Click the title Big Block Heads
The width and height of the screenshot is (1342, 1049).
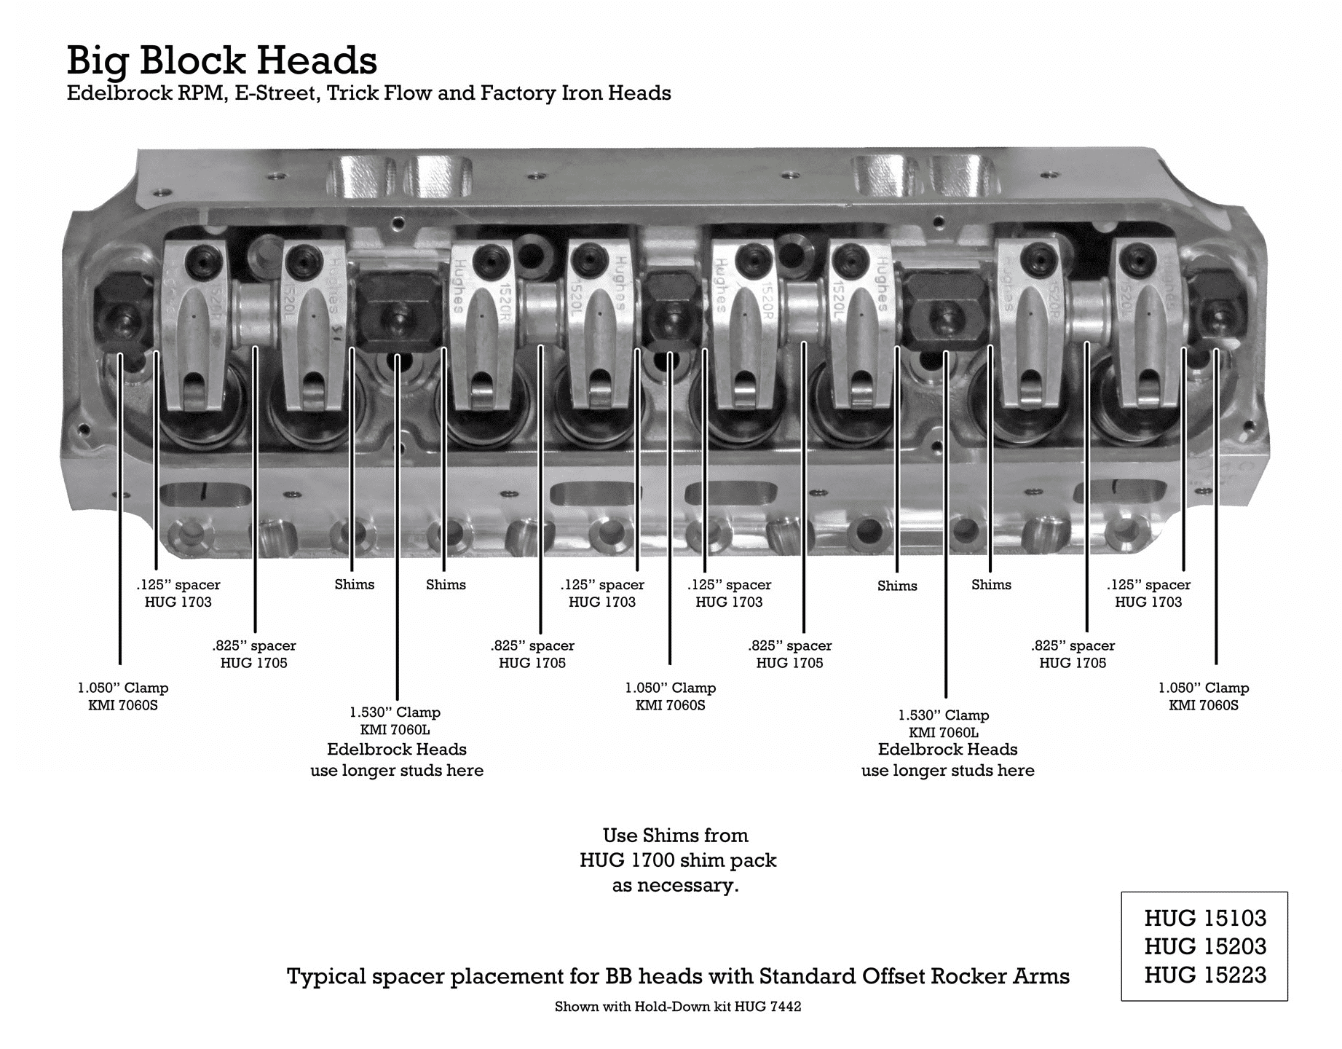click(222, 60)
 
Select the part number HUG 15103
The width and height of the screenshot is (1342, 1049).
click(1205, 918)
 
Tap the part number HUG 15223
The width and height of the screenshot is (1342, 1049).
click(1205, 975)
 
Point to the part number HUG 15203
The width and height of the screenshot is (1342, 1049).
click(1205, 946)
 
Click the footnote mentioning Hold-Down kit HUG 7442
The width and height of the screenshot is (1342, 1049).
click(677, 1007)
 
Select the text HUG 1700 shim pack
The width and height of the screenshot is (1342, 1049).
click(677, 860)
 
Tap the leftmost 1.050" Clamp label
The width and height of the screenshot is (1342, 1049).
click(122, 688)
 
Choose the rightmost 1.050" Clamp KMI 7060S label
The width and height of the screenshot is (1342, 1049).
click(1204, 696)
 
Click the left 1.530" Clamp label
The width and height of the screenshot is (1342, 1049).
click(395, 712)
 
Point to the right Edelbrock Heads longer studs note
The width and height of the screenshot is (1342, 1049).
click(947, 760)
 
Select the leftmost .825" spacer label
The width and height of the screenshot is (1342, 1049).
click(254, 653)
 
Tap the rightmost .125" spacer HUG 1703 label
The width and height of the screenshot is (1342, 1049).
click(1148, 593)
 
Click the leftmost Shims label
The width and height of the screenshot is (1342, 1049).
click(354, 584)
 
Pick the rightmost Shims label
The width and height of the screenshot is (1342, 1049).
click(991, 584)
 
